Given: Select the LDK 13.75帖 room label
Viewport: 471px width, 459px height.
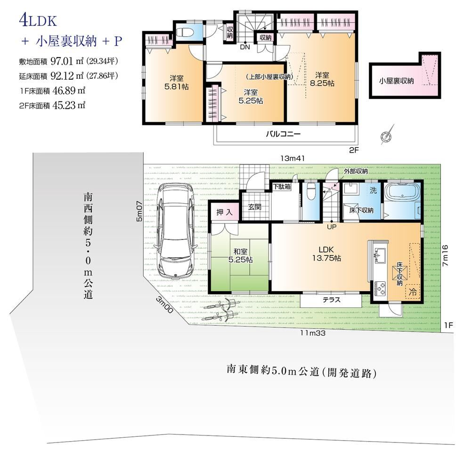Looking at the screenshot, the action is point(326,254).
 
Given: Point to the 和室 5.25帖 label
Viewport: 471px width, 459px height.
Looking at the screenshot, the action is point(240,255).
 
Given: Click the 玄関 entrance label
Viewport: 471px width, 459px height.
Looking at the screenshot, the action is point(255,207).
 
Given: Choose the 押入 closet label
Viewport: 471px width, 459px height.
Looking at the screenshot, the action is point(224,212).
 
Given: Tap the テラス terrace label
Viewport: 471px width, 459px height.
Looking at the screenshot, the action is point(332,300).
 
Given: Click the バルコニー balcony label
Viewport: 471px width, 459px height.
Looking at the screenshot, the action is point(283,134).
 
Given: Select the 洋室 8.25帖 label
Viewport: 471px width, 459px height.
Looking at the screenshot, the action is point(322,79).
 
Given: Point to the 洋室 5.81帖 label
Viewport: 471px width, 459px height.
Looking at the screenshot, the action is point(176,82).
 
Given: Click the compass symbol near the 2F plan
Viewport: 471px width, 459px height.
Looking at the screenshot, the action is point(387,136).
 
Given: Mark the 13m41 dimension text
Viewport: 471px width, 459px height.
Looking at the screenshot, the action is point(292,158).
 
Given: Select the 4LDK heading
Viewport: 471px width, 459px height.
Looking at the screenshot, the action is point(38,20).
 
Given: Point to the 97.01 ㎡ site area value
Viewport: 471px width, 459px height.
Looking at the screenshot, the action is point(67,61).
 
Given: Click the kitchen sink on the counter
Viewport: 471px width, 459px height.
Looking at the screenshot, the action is point(380,256).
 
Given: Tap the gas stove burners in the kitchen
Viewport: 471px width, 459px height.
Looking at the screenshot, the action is point(380,288).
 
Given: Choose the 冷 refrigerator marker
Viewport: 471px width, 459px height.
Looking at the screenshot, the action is point(413,291).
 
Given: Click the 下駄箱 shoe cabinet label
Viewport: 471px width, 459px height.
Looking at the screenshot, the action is point(282,187).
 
